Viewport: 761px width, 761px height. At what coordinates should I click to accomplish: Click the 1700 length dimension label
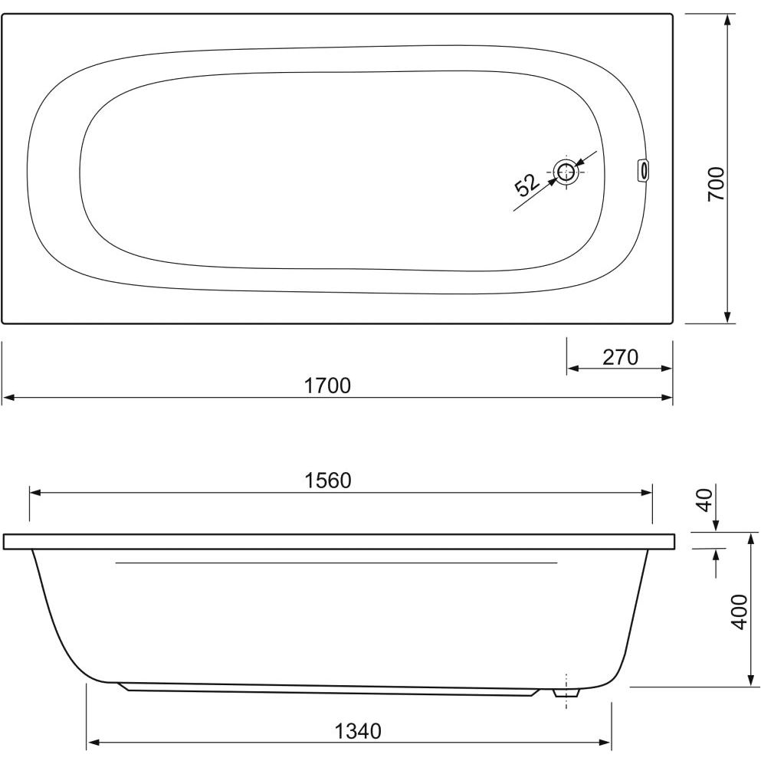[327, 385]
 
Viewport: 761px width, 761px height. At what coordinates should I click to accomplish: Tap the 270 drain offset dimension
[620, 357]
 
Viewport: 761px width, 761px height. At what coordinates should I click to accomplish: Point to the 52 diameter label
[526, 185]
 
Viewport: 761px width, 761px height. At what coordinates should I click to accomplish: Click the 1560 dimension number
[327, 481]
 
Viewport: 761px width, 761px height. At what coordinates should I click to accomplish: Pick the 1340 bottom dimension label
[358, 730]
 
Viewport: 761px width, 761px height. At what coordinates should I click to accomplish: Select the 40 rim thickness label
[706, 500]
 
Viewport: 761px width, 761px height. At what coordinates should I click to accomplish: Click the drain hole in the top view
[566, 172]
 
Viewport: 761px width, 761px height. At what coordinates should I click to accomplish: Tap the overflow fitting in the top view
[643, 170]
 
